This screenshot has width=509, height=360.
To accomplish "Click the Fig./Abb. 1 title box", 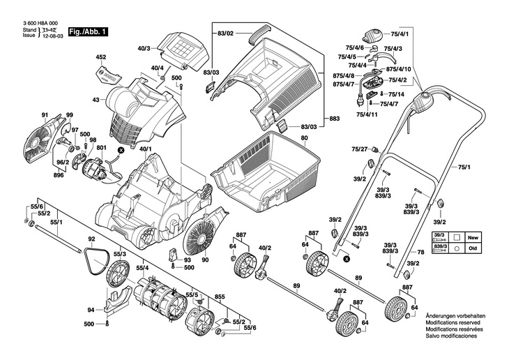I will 87,31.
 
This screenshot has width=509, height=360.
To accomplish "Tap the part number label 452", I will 100,57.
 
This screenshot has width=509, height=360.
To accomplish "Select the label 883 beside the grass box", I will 334,119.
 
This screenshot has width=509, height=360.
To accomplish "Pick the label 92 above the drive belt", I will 91,239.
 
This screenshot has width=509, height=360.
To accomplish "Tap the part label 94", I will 91,310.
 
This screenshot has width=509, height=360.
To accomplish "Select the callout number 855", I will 220,297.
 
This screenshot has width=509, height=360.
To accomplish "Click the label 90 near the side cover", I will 205,260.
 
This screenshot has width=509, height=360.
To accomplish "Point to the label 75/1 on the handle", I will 464,167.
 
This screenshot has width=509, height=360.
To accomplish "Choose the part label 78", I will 420,251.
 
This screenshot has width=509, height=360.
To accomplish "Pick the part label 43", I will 96,100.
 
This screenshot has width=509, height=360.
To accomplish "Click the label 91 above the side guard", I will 45,114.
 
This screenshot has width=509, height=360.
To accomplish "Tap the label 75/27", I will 359,149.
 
